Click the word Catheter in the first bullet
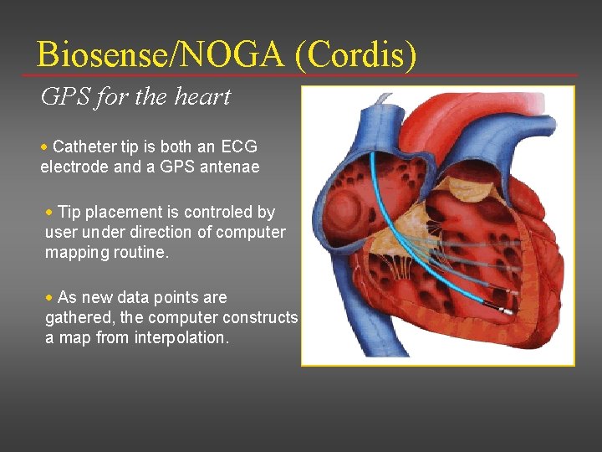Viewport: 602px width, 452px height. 83,146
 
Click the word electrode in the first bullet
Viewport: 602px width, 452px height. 74,167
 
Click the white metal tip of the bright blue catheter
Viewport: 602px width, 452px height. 508,311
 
